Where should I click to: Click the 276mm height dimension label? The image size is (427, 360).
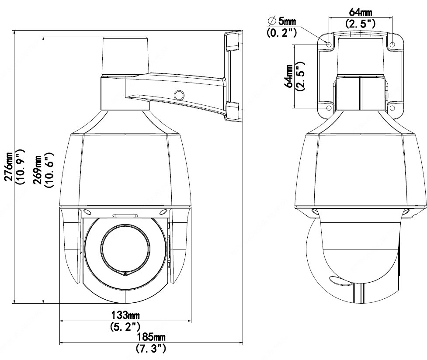coord(9,166)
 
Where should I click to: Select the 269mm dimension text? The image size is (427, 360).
coord(38,170)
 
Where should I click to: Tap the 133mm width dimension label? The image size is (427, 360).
coord(125,315)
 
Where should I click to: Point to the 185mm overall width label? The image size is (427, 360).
coord(151,337)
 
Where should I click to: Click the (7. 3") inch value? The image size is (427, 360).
coord(151,348)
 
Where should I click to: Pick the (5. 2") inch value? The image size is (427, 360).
coord(125,326)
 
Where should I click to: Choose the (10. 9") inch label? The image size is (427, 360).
coord(20,167)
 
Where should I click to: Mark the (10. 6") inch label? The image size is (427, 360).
coord(49,170)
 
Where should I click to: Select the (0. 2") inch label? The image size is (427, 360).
coord(281,33)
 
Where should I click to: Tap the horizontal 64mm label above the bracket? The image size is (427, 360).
coord(360,12)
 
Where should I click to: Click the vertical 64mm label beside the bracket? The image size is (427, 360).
coord(288,76)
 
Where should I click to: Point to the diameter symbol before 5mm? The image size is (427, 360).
coord(272,21)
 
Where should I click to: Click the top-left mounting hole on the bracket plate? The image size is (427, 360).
coord(329,45)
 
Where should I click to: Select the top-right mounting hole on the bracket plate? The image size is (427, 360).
coord(392,45)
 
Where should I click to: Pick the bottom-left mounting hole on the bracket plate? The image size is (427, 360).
coord(329,108)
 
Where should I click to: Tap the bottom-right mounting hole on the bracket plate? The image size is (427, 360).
coord(392,108)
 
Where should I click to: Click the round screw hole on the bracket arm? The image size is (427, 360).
coord(179,95)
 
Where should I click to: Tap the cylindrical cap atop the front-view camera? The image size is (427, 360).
coord(125,55)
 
